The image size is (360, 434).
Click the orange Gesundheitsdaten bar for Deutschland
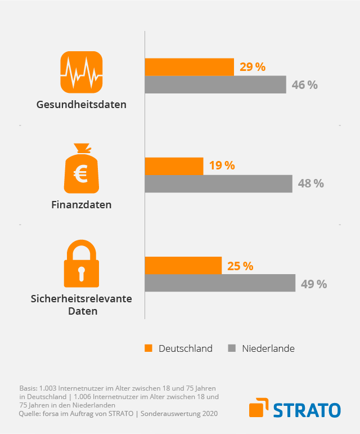coord(189,67)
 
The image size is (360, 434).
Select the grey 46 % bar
coord(215,85)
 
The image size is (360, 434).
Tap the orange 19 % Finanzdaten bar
coord(174,166)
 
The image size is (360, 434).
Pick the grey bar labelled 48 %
coord(218,184)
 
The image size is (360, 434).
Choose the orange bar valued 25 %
coord(183,265)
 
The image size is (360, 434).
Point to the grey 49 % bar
coord(220,283)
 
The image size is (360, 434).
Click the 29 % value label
coord(252,67)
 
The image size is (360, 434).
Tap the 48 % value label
coord(310,184)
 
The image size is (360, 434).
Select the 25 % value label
coord(240,265)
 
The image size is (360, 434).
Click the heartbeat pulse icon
coord(82,71)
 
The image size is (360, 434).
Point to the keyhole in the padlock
coord(82,273)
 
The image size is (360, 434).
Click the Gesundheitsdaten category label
coord(82,105)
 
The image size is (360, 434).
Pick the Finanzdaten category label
coord(82,205)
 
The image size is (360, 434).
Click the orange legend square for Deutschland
coord(148,348)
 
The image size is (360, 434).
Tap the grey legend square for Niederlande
coord(231,348)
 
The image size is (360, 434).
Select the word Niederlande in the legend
coord(268,348)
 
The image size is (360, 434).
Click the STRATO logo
coord(295,409)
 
